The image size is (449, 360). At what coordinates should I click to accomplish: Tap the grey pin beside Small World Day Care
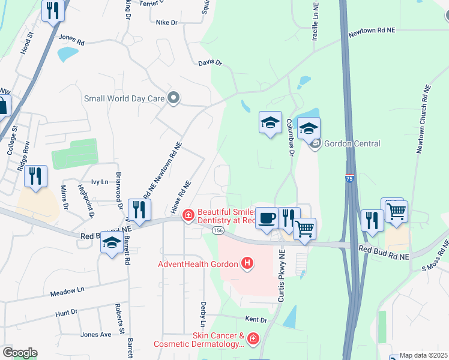pyautogui.click(x=174, y=98)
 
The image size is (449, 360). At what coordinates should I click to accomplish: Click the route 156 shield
pyautogui.click(x=218, y=230)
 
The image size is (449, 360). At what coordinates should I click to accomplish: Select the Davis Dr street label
pyautogui.click(x=210, y=62)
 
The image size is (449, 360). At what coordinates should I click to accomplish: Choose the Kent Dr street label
pyautogui.click(x=255, y=319)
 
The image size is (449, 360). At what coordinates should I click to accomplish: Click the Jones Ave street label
pyautogui.click(x=96, y=334)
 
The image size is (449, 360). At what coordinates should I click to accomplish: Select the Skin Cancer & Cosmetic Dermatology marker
pyautogui.click(x=253, y=340)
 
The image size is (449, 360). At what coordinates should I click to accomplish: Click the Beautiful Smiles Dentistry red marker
pyautogui.click(x=188, y=214)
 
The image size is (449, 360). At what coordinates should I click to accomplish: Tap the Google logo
pyautogui.click(x=19, y=353)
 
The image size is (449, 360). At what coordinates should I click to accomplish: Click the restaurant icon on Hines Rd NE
pyautogui.click(x=139, y=209)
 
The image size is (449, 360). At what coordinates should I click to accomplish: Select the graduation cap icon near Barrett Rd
pyautogui.click(x=111, y=242)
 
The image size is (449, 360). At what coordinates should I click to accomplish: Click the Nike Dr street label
pyautogui.click(x=166, y=22)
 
